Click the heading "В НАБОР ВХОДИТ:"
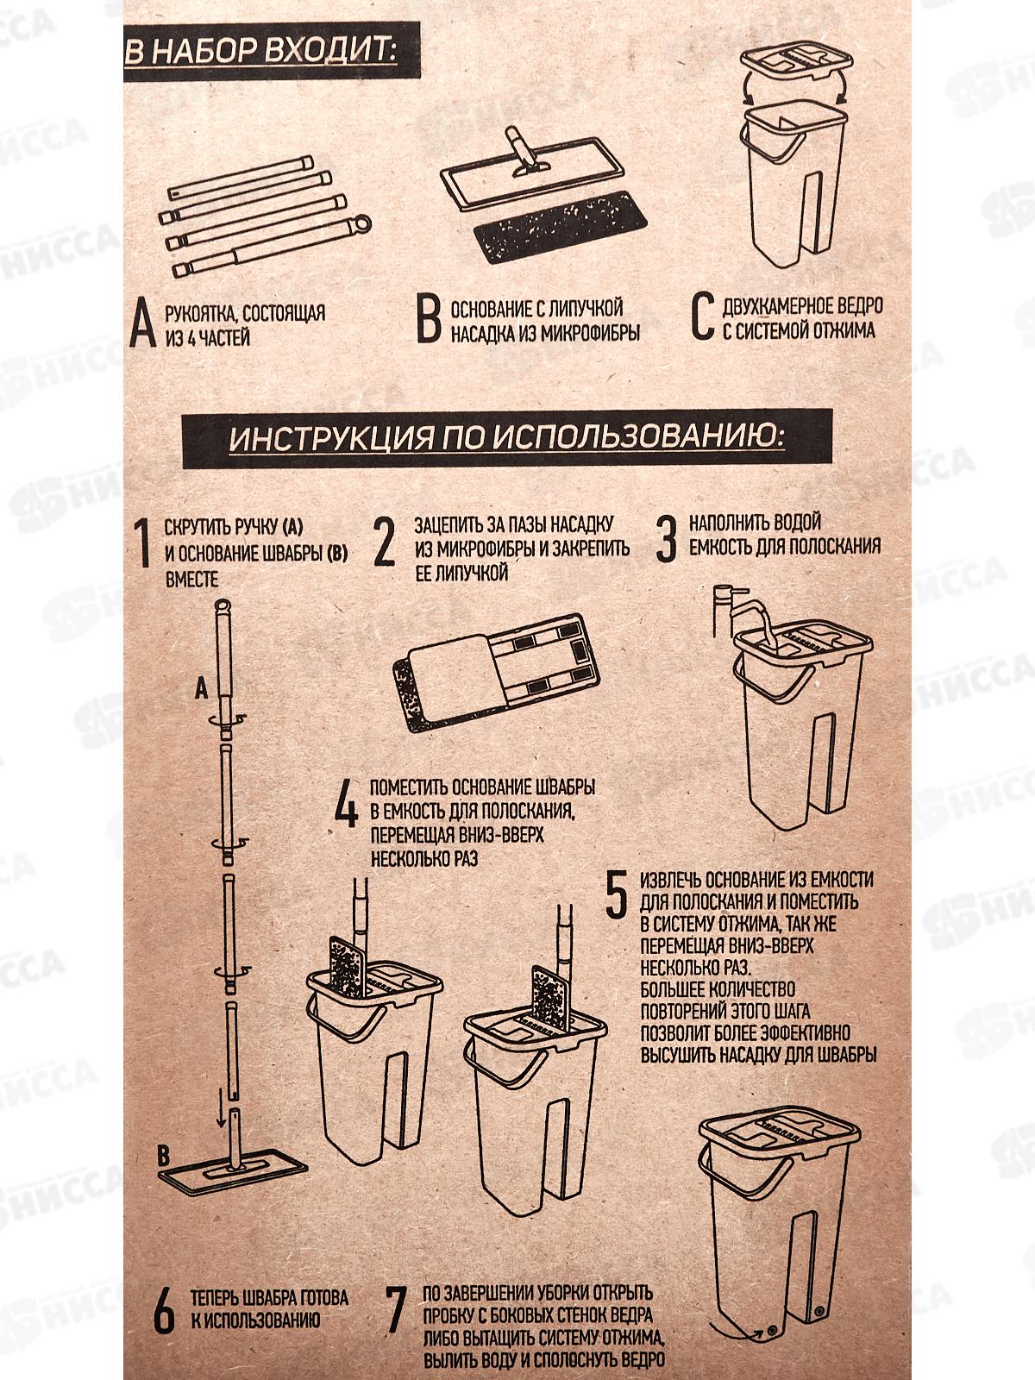[260, 52]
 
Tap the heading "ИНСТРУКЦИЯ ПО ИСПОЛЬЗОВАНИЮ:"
[506, 437]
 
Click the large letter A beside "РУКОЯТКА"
[142, 323]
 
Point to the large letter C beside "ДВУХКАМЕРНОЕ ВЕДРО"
[703, 317]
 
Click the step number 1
[144, 543]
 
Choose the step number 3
[666, 538]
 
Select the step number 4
[346, 806]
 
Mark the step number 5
[617, 894]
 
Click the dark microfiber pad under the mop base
[559, 226]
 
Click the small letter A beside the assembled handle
[201, 690]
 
